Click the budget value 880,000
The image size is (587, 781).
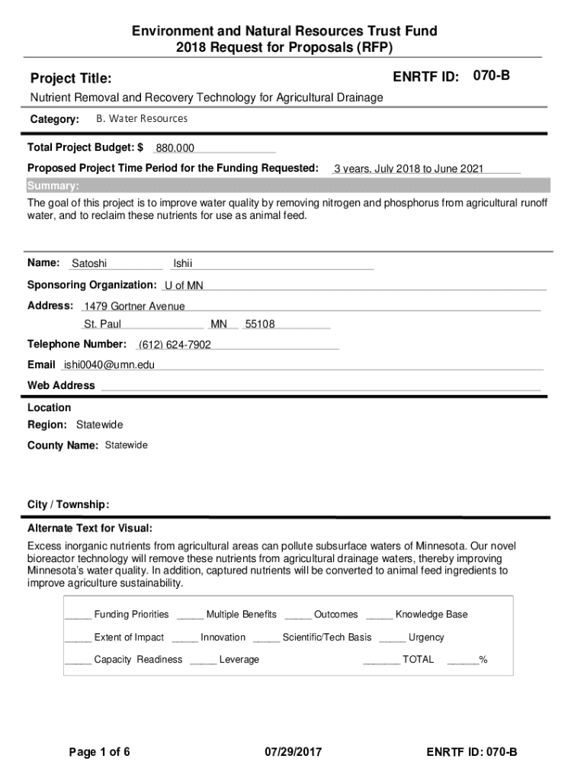(175, 148)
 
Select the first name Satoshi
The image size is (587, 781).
(89, 264)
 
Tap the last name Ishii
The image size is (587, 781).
(183, 264)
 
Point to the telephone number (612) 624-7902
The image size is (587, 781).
(175, 345)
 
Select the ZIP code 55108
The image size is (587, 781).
(260, 324)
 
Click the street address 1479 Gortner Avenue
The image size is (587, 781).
(134, 306)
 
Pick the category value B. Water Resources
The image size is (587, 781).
(142, 119)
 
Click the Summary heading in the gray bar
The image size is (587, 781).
(53, 186)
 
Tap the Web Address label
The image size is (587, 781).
(61, 385)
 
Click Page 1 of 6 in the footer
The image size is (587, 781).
(99, 753)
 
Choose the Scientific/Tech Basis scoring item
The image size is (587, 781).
(327, 638)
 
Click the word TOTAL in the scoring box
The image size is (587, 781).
(418, 660)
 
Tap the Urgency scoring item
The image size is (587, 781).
(426, 638)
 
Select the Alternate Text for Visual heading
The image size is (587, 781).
(90, 529)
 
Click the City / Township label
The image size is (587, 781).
(69, 505)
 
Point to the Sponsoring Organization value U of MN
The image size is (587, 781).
(184, 285)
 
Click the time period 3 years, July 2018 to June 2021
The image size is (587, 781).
(409, 169)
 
